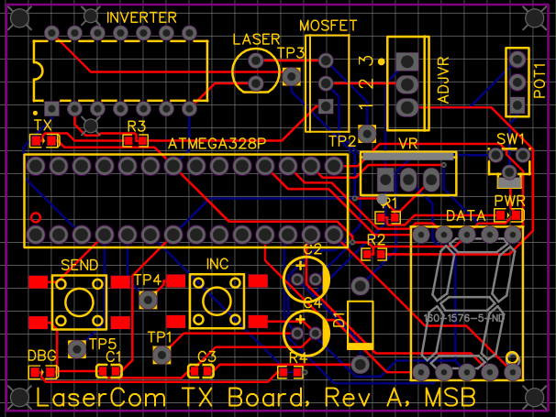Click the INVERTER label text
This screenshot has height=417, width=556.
141,18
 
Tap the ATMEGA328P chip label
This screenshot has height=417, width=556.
217,144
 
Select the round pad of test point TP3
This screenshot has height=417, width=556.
292,77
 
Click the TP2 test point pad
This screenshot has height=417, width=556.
367,134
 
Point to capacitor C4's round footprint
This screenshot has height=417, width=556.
306,331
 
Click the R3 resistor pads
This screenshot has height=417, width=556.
136,140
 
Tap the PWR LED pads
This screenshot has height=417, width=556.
507,215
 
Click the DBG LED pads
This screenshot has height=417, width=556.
43,372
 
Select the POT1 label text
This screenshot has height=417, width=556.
540,82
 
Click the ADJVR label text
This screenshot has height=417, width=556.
445,83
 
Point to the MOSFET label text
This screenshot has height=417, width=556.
328,26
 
